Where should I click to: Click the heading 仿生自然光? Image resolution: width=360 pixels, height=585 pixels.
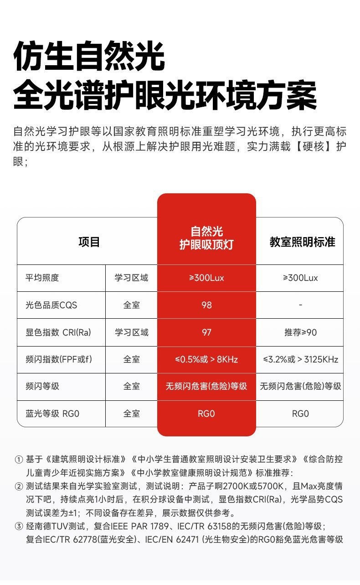89,57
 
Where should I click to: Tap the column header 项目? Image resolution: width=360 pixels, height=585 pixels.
89,242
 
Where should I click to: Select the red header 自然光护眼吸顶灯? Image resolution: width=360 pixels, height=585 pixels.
206,238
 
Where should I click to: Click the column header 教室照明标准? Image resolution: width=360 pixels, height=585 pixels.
302,242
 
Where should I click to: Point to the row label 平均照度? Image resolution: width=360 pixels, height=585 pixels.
42,278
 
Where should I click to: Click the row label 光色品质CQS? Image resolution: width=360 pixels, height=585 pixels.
51,305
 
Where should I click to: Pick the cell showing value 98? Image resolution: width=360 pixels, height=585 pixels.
206,305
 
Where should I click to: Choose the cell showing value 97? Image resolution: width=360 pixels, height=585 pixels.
206,332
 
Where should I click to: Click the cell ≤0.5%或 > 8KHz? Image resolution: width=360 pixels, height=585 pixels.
206,359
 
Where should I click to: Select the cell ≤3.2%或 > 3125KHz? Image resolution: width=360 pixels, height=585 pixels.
300,359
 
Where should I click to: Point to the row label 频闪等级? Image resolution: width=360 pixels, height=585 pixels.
42,386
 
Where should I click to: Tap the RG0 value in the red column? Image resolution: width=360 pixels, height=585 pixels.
206,414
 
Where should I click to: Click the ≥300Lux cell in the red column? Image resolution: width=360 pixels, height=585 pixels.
206,278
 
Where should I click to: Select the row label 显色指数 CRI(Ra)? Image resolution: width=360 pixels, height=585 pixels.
58,332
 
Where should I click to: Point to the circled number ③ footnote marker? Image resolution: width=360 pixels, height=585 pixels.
19,527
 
